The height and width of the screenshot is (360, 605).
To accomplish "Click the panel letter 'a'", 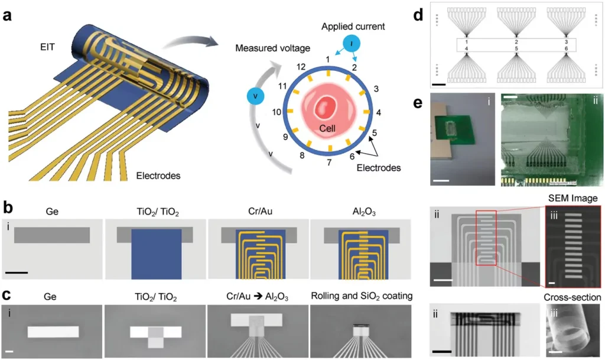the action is tap(7, 16).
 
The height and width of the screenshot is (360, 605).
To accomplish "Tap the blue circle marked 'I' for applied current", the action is tap(351, 44).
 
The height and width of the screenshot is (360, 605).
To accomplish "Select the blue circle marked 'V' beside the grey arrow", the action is tap(255, 96).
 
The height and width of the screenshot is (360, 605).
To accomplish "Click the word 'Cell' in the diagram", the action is tap(327, 128).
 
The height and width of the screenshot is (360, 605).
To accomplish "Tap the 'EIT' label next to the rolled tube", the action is tap(47, 47).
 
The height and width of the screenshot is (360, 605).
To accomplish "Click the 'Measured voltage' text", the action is tap(273, 48).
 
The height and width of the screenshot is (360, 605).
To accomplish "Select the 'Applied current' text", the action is tap(353, 26).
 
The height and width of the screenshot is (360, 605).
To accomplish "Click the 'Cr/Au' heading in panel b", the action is tap(260, 212).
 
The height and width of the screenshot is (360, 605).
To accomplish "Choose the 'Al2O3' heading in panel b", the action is tap(364, 212).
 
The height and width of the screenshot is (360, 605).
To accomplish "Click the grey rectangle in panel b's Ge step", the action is tap(52, 235).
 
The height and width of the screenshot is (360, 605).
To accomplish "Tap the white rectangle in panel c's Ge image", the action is tap(53, 332).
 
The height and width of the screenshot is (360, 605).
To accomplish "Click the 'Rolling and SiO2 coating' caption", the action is tap(362, 296).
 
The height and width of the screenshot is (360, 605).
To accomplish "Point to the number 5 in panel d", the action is tap(516, 48).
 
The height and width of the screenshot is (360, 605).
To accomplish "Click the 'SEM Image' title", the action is tap(573, 199).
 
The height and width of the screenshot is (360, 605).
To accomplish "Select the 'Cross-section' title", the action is tap(572, 297).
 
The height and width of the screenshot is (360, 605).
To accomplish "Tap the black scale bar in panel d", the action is tap(439, 84).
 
